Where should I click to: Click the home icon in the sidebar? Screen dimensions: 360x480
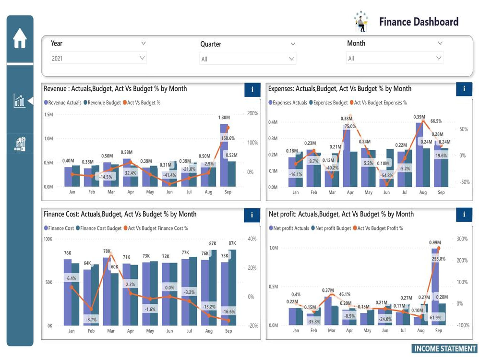pyautogui.click(x=20, y=38)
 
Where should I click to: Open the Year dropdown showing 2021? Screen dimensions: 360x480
pyautogui.click(x=98, y=58)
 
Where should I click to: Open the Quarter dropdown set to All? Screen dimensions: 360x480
pyautogui.click(x=247, y=59)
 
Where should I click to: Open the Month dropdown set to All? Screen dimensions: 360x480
pyautogui.click(x=394, y=59)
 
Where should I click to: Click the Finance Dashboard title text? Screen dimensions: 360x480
pyautogui.click(x=419, y=22)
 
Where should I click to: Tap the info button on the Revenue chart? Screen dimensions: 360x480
pyautogui.click(x=252, y=89)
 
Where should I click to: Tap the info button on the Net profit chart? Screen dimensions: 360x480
pyautogui.click(x=464, y=215)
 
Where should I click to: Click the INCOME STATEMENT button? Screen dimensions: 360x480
pyautogui.click(x=444, y=349)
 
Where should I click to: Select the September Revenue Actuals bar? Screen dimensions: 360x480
pyautogui.click(x=224, y=155)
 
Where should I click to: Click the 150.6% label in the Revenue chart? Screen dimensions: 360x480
pyautogui.click(x=228, y=138)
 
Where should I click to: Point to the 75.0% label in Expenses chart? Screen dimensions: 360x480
pyautogui.click(x=350, y=126)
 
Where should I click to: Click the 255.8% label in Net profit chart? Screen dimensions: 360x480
pyautogui.click(x=438, y=259)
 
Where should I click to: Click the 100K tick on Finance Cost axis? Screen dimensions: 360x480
pyautogui.click(x=48, y=239)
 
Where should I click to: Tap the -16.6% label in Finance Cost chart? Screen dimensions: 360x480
pyautogui.click(x=228, y=312)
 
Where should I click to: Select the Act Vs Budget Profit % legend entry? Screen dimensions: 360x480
pyautogui.click(x=380, y=228)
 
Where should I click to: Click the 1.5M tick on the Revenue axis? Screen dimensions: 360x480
pyautogui.click(x=48, y=115)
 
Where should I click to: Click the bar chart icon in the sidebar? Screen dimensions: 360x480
pyautogui.click(x=20, y=101)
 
